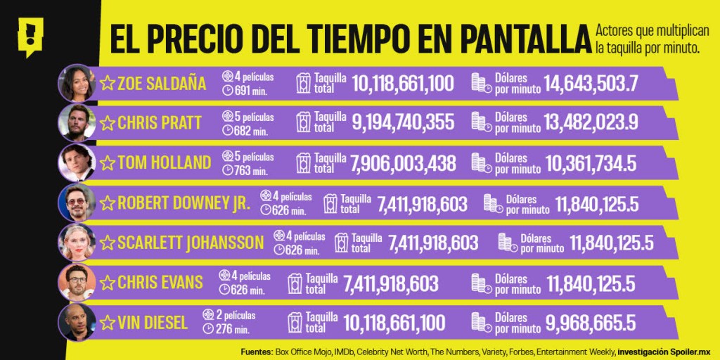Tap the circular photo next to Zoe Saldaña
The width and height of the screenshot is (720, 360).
75,82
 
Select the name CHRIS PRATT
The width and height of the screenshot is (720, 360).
150,123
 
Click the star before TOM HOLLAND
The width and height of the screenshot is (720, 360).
107,163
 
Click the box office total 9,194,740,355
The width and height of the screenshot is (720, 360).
404,123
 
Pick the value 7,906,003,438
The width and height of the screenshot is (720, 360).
403,163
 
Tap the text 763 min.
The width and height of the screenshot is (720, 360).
250,171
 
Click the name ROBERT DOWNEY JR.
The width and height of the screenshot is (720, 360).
184,204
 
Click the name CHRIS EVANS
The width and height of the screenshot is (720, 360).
160,283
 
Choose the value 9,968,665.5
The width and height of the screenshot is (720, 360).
591,323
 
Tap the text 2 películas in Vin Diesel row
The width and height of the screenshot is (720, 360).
235,315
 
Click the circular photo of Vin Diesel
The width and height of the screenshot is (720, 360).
75,323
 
